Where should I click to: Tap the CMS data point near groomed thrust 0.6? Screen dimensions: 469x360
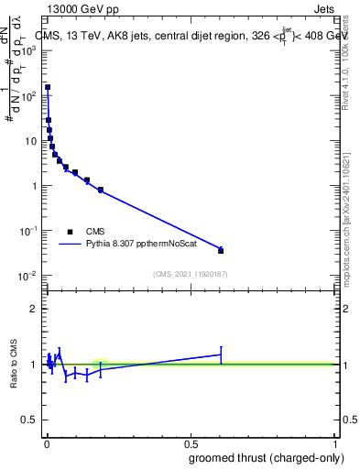tap(221, 250)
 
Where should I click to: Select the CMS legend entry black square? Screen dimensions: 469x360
tap(70, 232)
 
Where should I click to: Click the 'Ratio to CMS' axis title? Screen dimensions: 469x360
tap(13, 365)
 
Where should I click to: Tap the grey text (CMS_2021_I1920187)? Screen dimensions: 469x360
tap(191, 274)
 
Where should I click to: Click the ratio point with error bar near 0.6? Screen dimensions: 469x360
tap(221, 354)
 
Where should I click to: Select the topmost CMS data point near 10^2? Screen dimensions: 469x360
tap(48, 88)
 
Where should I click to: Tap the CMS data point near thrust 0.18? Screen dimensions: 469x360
tap(100, 190)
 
